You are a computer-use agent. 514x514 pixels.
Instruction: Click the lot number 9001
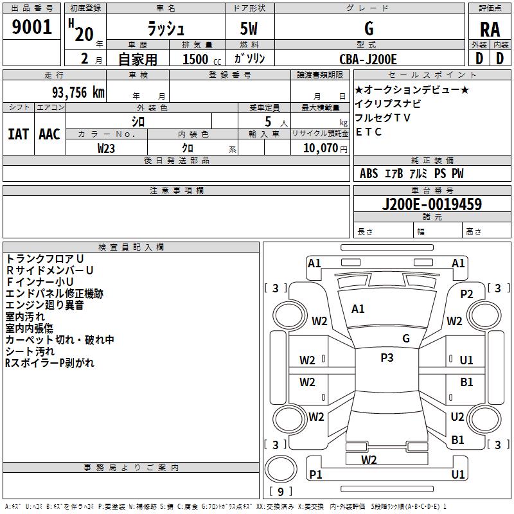[32, 27]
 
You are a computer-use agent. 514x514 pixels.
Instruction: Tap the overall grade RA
[490, 30]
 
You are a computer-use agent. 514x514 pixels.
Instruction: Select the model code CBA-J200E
[368, 59]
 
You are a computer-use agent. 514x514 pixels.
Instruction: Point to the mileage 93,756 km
[75, 92]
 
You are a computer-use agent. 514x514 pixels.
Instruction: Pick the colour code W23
[107, 148]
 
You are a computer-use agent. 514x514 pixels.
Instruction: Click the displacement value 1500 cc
[197, 59]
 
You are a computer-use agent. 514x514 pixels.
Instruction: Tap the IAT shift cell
[18, 134]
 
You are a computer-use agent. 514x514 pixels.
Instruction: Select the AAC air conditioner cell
[49, 134]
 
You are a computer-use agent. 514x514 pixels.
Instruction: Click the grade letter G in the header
[369, 29]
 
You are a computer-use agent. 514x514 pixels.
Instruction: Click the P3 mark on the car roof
[387, 358]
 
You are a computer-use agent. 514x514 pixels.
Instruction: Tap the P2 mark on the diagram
[466, 294]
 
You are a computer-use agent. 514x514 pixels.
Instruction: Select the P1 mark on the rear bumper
[315, 474]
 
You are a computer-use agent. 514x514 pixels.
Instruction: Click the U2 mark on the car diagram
[457, 417]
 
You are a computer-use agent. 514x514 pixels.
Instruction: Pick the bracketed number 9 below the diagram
[280, 492]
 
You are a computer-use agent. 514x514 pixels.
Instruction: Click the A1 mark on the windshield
[358, 309]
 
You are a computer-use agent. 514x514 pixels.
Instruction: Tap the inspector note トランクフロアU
[44, 258]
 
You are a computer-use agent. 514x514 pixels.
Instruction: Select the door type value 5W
[250, 30]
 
